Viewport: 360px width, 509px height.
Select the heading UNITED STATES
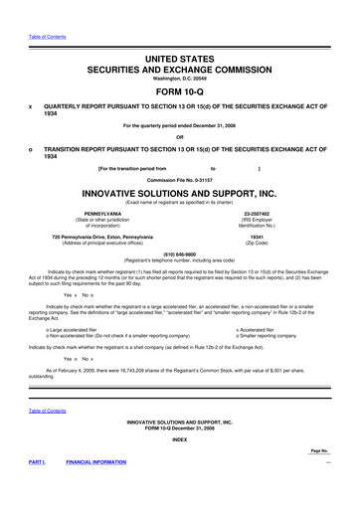coord(180,61)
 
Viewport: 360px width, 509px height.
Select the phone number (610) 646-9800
coord(180,253)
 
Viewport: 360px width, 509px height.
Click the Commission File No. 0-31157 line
coord(180,178)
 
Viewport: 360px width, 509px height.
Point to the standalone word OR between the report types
coord(180,136)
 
